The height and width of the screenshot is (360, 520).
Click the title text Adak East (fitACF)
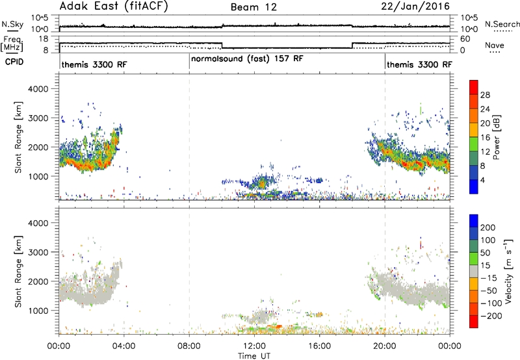114,6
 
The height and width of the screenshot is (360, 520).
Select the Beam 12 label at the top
253,7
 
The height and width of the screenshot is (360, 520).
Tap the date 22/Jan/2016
415,6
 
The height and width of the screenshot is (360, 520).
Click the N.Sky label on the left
12,24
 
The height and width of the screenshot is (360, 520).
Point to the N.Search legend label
502,24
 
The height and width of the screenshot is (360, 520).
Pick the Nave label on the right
495,45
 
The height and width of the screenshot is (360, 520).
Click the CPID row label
14,62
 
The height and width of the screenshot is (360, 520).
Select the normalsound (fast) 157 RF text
247,59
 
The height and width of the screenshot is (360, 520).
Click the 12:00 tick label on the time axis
254,346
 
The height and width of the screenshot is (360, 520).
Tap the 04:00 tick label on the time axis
123,346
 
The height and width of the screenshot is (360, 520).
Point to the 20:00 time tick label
385,346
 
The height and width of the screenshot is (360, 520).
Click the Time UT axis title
254,356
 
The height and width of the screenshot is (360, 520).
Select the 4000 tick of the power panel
38,89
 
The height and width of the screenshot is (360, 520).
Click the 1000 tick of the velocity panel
38,311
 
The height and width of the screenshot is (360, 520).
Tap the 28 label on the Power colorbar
485,95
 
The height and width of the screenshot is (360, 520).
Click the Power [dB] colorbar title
496,137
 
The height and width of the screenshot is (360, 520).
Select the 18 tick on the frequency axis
44,39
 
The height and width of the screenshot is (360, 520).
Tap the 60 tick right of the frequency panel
465,39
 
